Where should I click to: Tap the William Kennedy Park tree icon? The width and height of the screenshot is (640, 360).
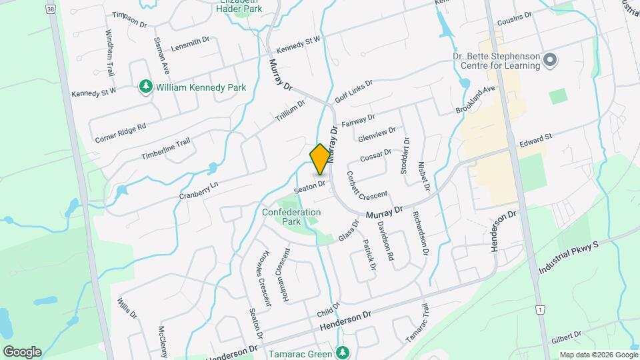[145, 87]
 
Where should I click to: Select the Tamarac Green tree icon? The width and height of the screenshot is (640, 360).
[343, 353]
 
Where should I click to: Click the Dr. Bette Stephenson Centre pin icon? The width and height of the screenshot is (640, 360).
[550, 61]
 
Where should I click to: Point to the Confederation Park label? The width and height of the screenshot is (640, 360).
[291, 217]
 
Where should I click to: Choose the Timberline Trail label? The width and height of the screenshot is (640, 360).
[165, 149]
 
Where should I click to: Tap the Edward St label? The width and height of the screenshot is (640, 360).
[537, 139]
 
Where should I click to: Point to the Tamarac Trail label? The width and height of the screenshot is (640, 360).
[416, 323]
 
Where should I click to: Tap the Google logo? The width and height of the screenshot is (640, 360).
[22, 351]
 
